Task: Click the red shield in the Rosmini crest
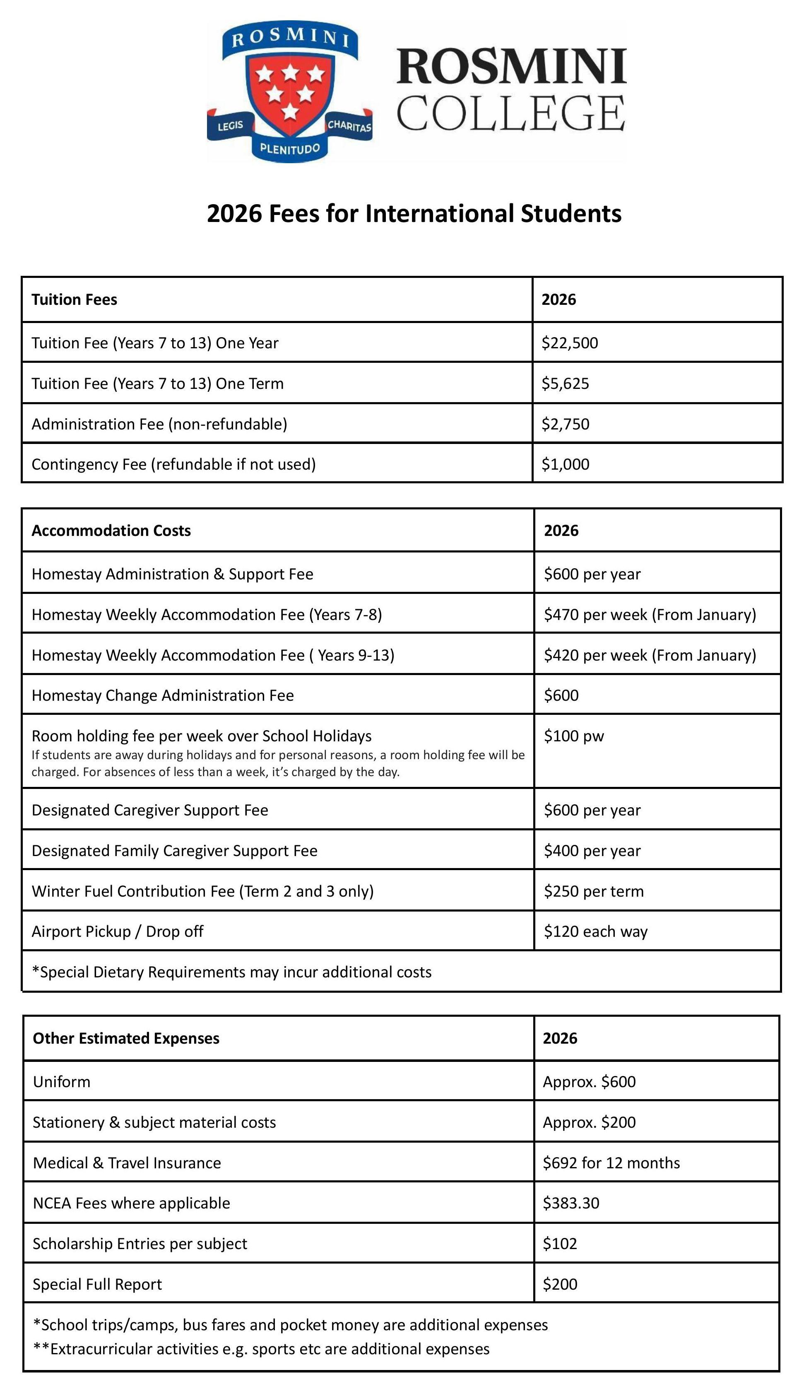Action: (290, 91)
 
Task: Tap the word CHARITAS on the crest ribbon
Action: (349, 125)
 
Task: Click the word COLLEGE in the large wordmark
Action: (511, 113)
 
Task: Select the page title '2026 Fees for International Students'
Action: (414, 214)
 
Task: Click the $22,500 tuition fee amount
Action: (569, 343)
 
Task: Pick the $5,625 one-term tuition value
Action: (565, 384)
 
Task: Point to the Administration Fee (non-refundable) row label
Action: (159, 424)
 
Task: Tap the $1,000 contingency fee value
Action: (565, 464)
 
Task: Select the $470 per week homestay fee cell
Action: (650, 614)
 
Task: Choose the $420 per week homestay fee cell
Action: (650, 655)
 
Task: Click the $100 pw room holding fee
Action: (574, 736)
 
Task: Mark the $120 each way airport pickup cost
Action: (595, 931)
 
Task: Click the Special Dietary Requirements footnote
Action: (232, 972)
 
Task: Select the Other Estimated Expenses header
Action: (126, 1038)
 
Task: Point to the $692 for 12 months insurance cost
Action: (611, 1163)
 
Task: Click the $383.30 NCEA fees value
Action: (571, 1203)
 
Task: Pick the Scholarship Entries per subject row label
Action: (140, 1243)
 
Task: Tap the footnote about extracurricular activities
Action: (261, 1349)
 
